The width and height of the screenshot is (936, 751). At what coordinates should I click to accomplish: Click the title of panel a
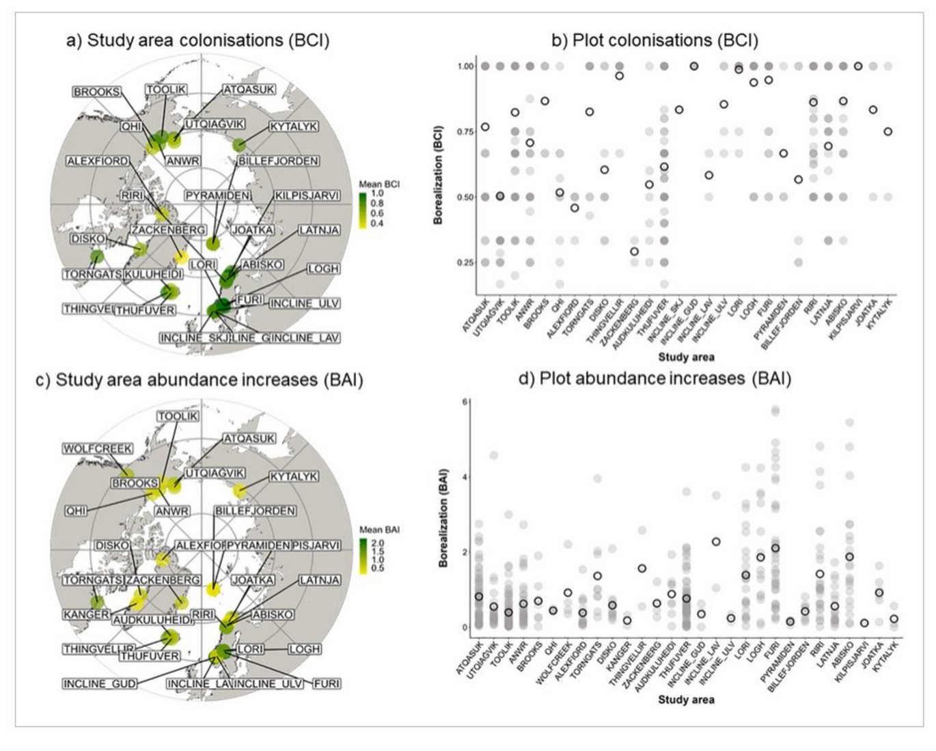[197, 40]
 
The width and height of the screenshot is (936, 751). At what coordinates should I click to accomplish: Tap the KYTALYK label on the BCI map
[293, 127]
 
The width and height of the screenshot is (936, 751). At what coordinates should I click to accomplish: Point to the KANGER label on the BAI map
[86, 614]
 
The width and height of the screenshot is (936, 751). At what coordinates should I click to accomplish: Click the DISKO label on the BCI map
[88, 239]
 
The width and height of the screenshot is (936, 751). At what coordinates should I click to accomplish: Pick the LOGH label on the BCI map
[322, 269]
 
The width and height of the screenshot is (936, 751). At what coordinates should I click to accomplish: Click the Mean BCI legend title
[379, 185]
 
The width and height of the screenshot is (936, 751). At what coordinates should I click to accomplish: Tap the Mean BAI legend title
[379, 530]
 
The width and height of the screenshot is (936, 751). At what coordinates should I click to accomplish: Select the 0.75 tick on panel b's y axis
[464, 132]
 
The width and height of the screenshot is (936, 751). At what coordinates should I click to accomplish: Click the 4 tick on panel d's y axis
[465, 477]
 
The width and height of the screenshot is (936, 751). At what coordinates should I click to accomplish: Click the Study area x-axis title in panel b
[686, 357]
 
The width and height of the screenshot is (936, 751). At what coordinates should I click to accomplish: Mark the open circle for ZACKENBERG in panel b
[634, 251]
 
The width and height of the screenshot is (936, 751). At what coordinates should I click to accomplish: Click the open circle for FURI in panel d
[775, 548]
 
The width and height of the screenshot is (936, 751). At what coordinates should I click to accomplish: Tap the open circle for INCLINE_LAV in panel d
[716, 542]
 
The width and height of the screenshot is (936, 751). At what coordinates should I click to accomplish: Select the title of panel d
[655, 378]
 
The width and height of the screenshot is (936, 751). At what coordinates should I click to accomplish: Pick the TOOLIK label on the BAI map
[178, 416]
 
